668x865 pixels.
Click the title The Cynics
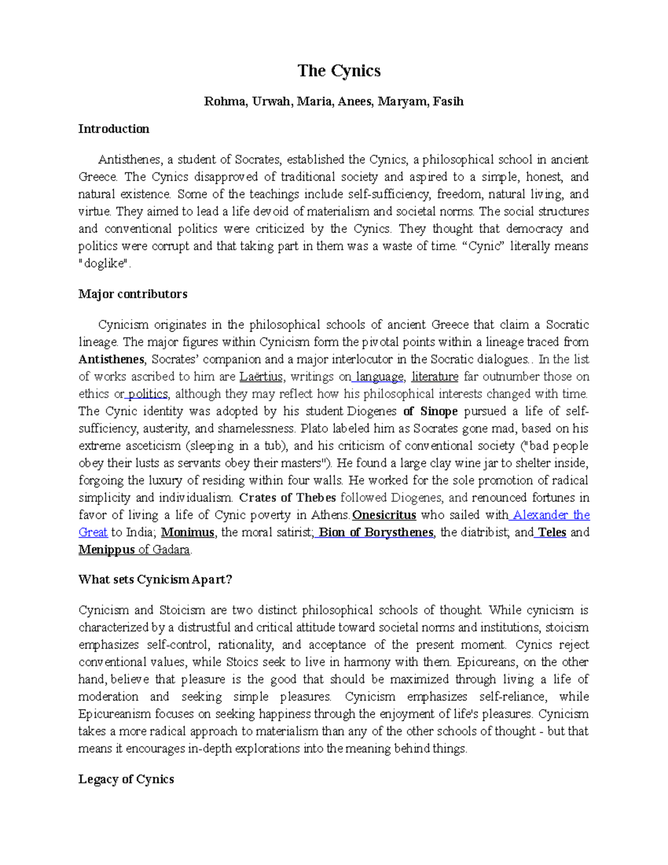[x=338, y=71]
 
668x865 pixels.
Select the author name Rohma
[x=224, y=101]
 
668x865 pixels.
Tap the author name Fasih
[x=448, y=101]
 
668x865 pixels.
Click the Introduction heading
[x=114, y=129]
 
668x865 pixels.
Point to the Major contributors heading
[x=132, y=294]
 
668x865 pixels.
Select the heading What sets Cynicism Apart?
[x=155, y=579]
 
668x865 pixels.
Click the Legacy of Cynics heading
[x=126, y=779]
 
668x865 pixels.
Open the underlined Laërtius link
[x=261, y=377]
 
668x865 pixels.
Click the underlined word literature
[x=435, y=377]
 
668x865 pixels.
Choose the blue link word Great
[x=92, y=532]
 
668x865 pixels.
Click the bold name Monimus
[x=188, y=532]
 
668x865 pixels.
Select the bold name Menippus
[x=106, y=550]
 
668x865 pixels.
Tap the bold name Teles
[x=552, y=532]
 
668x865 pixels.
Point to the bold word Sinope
[x=439, y=412]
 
